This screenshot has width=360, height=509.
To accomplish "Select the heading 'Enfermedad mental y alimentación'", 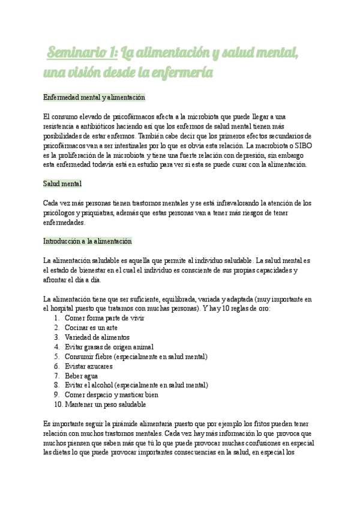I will tap(94, 97).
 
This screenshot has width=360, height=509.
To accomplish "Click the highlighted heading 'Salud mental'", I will tap(62, 183).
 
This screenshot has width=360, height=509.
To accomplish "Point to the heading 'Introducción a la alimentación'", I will tap(87, 241).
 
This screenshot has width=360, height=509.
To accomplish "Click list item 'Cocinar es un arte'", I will tap(91, 328).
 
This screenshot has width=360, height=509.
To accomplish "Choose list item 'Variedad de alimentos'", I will tap(98, 337).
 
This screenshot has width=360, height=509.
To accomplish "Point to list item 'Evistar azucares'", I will tap(88, 366).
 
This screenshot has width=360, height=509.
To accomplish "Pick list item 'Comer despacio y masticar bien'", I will tap(111, 395).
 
